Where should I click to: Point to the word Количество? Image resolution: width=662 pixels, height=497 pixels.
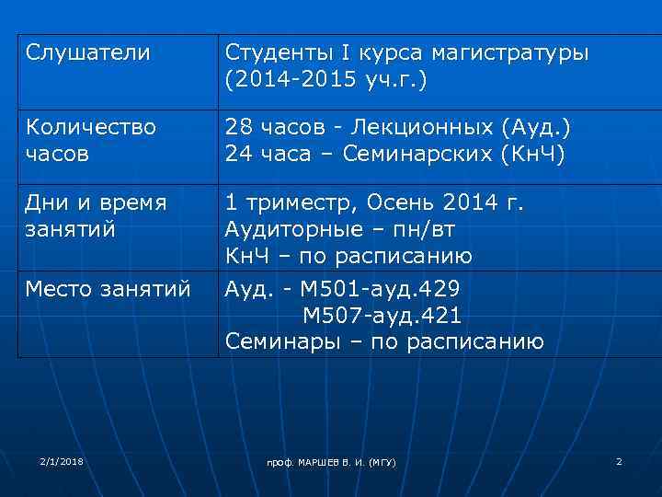pyautogui.click(x=91, y=125)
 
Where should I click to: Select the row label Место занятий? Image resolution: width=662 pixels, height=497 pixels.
pyautogui.click(x=108, y=289)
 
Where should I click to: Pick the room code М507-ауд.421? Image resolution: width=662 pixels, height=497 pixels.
pyautogui.click(x=382, y=316)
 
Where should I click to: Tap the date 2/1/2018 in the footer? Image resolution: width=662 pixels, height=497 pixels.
pyautogui.click(x=62, y=460)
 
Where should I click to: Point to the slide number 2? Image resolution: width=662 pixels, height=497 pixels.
pyautogui.click(x=619, y=460)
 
